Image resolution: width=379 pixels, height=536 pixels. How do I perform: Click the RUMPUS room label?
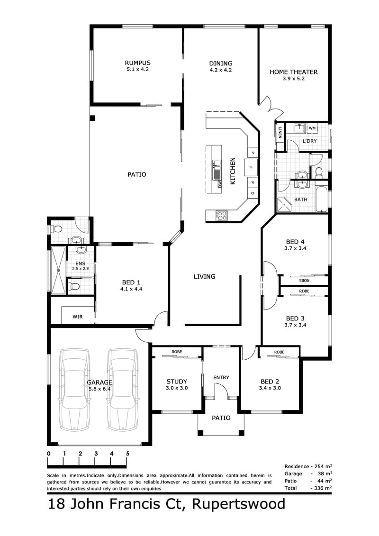137,63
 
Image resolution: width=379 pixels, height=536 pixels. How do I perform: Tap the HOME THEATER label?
294,72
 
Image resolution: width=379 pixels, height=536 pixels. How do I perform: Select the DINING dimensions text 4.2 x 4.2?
221,70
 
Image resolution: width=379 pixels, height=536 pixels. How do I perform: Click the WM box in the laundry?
312,128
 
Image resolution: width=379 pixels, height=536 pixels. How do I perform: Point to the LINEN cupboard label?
280,132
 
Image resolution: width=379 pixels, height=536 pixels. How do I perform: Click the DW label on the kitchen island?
220,185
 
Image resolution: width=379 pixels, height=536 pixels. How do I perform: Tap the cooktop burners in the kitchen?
222,215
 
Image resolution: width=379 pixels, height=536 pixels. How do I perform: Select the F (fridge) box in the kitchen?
251,168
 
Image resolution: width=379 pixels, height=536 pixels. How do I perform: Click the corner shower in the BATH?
284,205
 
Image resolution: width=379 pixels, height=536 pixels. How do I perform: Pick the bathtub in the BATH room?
322,199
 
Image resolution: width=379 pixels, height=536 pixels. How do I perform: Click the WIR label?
78,317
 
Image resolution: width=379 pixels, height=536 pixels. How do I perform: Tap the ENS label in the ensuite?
81,263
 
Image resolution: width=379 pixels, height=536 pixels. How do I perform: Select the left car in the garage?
74,390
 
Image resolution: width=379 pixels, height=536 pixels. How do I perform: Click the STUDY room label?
177,382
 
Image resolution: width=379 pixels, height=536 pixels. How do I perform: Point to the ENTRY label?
221,377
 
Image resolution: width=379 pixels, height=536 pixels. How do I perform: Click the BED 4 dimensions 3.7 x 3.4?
295,248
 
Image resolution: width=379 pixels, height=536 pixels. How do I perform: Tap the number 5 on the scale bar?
128,454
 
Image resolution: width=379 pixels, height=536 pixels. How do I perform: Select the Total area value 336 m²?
323,488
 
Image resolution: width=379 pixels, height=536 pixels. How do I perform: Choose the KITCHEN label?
233,171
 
